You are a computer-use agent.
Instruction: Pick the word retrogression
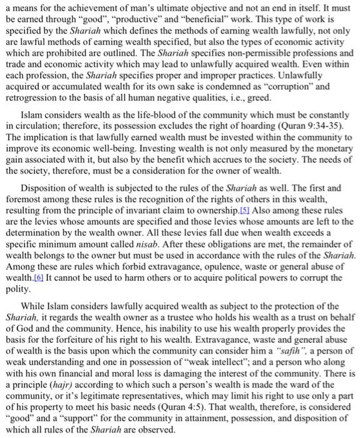coord(33,98)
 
